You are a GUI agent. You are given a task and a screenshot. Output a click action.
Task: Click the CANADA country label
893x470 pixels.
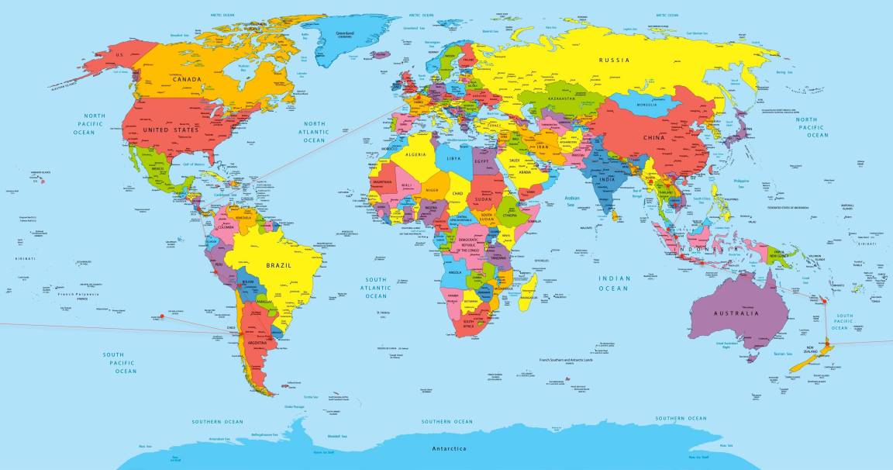coord(187,79)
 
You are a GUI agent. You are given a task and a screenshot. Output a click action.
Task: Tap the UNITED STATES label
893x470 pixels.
coord(171,130)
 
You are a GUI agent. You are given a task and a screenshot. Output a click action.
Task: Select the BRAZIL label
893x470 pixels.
coord(278,265)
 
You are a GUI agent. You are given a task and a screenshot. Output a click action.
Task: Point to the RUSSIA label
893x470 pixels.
coord(615,60)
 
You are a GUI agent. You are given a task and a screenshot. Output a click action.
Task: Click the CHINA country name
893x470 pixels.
coord(654,138)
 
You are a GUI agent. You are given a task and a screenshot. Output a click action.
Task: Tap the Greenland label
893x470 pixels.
coord(346,33)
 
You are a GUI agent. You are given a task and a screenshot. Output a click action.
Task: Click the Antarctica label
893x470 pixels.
coord(449,449)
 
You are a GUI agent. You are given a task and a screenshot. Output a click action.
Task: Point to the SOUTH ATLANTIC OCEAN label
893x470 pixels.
coord(376,287)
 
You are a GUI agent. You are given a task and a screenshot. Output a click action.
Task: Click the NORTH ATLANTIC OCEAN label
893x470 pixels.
coord(315,132)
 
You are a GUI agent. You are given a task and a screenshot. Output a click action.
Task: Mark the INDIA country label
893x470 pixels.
coord(607,180)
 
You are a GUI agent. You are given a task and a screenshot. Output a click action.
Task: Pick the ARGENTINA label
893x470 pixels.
coord(257,342)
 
